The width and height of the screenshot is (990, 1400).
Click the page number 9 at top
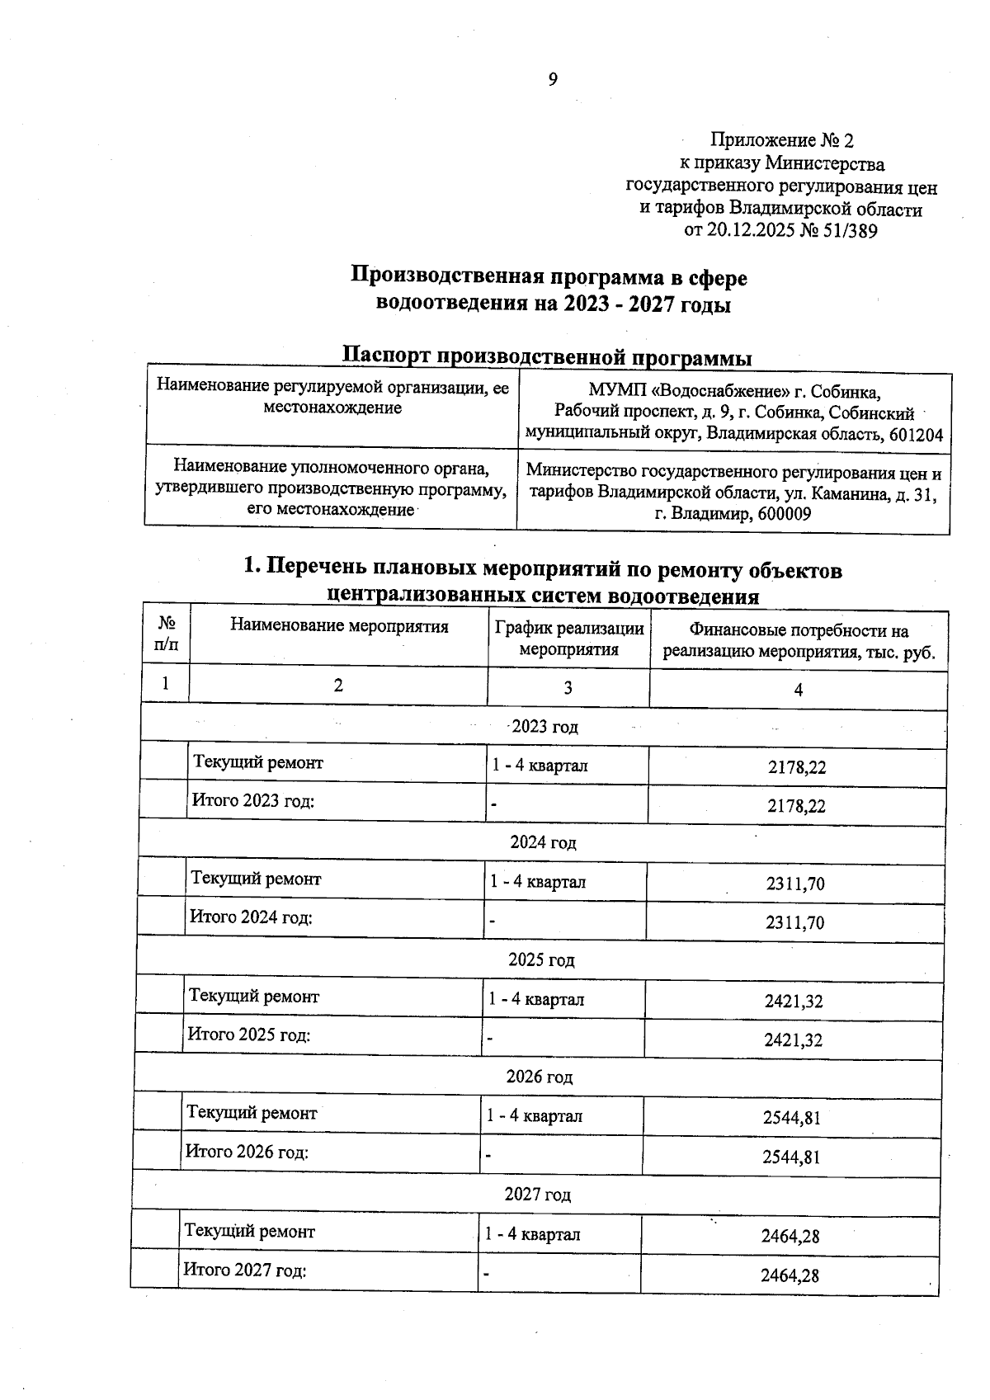553,79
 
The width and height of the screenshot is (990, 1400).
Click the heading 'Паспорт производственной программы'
547,357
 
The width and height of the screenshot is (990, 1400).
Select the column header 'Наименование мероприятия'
339,626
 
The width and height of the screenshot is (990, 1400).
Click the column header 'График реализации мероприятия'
568,639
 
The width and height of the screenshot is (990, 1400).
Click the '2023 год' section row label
544,727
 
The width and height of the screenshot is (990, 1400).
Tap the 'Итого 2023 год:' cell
253,800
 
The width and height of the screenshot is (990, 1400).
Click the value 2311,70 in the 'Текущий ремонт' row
794,884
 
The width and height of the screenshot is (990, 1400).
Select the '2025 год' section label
541,960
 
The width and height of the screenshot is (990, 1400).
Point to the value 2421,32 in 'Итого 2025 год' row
793,1040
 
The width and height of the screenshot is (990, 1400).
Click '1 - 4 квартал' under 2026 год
535,1116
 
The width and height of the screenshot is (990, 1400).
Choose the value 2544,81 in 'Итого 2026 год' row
791,1157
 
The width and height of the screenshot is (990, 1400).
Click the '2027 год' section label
538,1195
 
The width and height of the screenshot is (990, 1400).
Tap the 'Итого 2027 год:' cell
245,1270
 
